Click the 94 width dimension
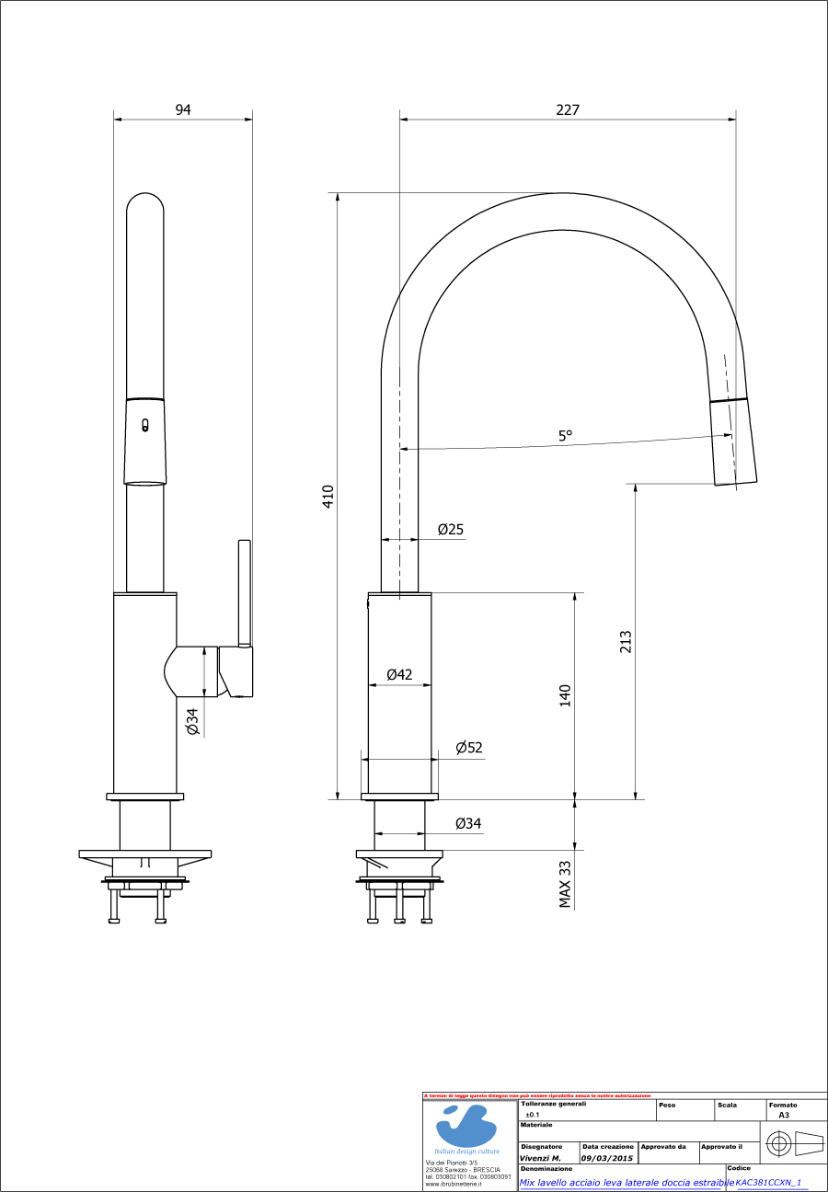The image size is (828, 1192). (183, 109)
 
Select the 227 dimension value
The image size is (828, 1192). (568, 109)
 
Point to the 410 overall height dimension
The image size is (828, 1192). (328, 496)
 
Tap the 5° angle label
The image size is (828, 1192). (565, 436)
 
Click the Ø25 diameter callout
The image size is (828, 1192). (450, 529)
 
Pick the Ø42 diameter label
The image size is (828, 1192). (399, 674)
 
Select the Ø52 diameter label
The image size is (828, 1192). (468, 748)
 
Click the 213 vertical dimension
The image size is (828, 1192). (626, 641)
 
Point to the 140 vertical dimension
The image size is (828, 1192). (566, 695)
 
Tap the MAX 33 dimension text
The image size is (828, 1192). (566, 883)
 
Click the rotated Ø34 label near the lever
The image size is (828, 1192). (192, 722)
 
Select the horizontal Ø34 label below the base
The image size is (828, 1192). (467, 823)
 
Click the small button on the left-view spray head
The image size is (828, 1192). (144, 425)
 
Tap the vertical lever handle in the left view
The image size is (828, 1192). (244, 592)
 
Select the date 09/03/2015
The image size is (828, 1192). (606, 1158)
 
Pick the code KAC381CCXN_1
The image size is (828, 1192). (768, 1183)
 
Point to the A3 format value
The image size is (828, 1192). (784, 1114)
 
